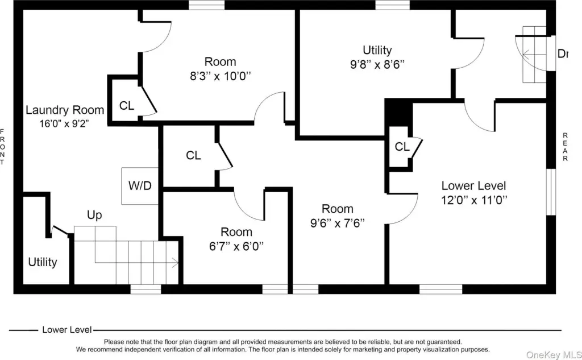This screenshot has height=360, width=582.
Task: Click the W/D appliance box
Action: [x=140, y=186]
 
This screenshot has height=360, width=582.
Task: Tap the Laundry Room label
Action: [x=65, y=110]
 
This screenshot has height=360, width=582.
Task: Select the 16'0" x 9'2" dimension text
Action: [x=64, y=123]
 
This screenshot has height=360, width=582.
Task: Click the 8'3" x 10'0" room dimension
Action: [x=221, y=76]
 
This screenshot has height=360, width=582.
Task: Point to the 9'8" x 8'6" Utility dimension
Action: [x=377, y=64]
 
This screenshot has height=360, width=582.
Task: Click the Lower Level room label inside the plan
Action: [x=473, y=185]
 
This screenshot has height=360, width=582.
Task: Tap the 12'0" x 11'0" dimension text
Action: [x=474, y=200]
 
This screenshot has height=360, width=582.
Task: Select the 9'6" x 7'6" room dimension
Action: [x=338, y=223]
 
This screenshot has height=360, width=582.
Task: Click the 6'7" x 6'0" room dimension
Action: [x=236, y=246]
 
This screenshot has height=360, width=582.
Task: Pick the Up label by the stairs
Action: [x=94, y=215]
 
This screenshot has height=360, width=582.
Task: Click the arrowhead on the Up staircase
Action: [x=176, y=263]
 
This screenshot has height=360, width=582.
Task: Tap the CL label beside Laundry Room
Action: [x=127, y=106]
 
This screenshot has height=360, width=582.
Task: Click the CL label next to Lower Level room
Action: [x=402, y=147]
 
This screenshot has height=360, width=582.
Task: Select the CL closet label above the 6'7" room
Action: [x=193, y=155]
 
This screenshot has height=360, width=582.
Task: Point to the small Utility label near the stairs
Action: [x=43, y=262]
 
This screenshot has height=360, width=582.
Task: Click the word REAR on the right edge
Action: [x=566, y=147]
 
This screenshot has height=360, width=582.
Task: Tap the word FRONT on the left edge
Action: [x=2, y=147]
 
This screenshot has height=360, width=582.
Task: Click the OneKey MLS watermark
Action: [x=554, y=355]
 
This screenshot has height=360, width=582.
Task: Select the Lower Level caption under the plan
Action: [x=67, y=329]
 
